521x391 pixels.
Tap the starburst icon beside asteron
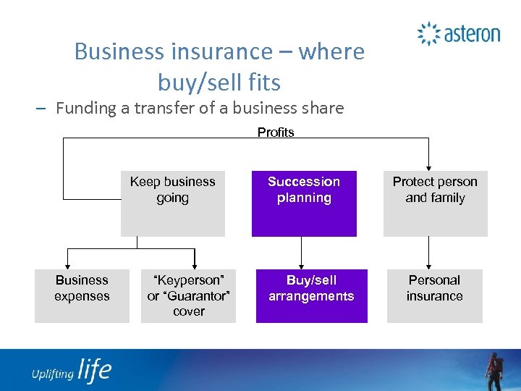(428, 33)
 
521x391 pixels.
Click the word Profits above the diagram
(276, 132)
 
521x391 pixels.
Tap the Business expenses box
(82, 295)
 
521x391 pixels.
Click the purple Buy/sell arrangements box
(311, 295)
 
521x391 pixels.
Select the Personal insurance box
(434, 295)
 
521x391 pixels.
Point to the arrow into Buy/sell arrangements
(302, 265)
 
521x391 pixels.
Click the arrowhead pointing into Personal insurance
(429, 265)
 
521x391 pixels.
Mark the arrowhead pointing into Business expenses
(68, 265)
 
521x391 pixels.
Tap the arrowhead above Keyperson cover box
(194, 265)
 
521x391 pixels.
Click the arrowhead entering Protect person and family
(429, 167)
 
